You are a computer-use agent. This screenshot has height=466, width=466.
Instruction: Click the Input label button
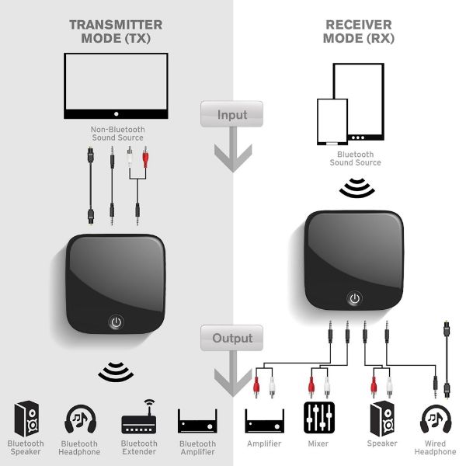(231, 115)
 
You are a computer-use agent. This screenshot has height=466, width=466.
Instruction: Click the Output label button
(231, 338)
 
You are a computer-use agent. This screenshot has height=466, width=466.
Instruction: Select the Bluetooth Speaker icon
(27, 419)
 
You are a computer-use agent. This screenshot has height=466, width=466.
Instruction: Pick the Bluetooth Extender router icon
(139, 419)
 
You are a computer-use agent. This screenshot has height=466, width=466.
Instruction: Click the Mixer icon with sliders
(318, 420)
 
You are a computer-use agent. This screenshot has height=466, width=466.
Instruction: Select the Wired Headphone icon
(434, 419)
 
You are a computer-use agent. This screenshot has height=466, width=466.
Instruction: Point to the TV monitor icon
(116, 85)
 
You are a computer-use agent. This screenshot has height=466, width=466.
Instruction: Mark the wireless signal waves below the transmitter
(116, 370)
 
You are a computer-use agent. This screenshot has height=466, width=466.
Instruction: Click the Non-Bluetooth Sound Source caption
(116, 134)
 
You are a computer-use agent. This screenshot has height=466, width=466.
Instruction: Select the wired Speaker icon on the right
(381, 419)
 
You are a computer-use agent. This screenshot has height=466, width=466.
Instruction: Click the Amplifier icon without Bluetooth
(264, 421)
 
